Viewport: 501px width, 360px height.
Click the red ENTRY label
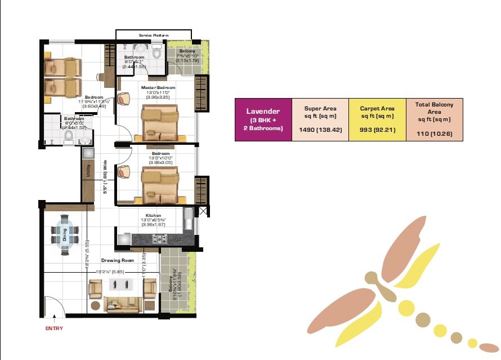coord(54,328)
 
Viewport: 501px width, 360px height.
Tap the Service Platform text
coord(154,35)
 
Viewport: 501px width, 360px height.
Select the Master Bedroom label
coord(158,88)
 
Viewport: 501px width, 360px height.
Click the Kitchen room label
coord(153,216)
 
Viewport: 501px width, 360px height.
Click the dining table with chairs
coord(64,235)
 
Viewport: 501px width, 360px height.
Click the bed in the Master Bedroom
coord(160,123)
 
